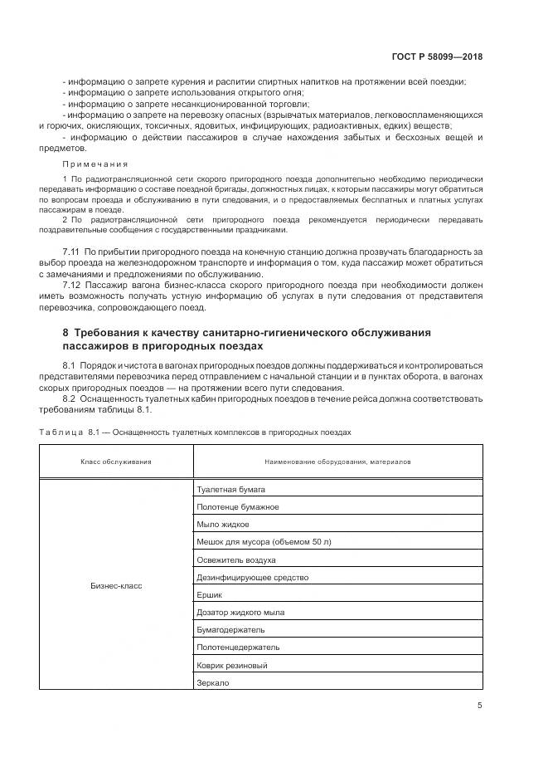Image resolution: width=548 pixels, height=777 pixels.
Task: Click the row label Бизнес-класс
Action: point(116,585)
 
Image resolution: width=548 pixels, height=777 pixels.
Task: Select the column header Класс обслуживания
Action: point(116,461)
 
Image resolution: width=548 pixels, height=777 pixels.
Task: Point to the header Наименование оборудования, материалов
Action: point(337,461)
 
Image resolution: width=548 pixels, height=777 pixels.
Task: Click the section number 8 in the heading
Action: point(65,332)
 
